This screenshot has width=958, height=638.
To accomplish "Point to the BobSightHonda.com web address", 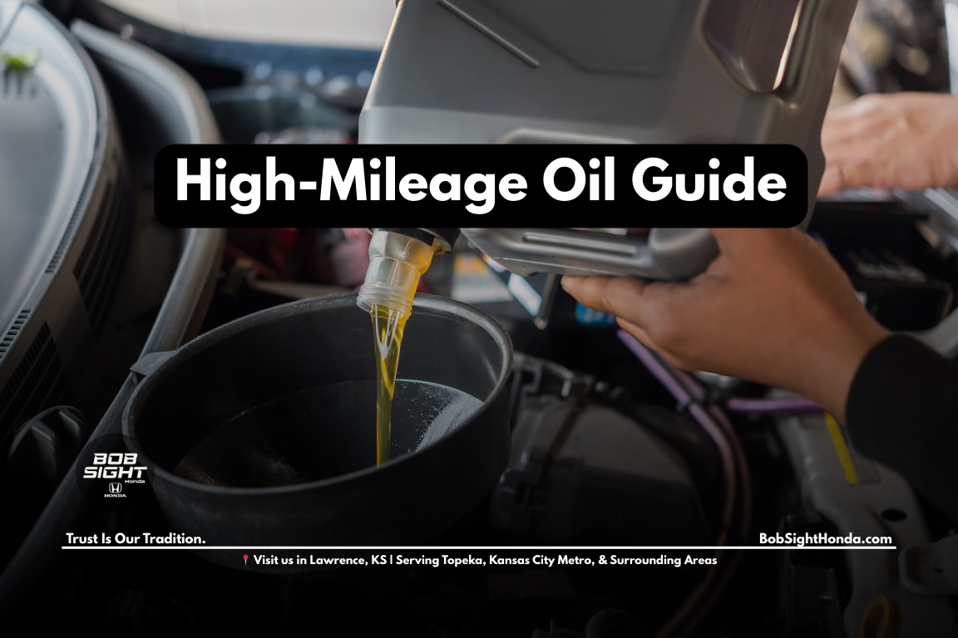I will click(x=825, y=538).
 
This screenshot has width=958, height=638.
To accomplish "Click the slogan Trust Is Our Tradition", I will click(x=136, y=539).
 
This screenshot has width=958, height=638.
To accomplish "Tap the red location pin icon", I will click(x=245, y=561).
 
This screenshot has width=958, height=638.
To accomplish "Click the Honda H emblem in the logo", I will click(x=115, y=488).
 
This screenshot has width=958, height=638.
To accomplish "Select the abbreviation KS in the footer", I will click(x=382, y=561).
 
